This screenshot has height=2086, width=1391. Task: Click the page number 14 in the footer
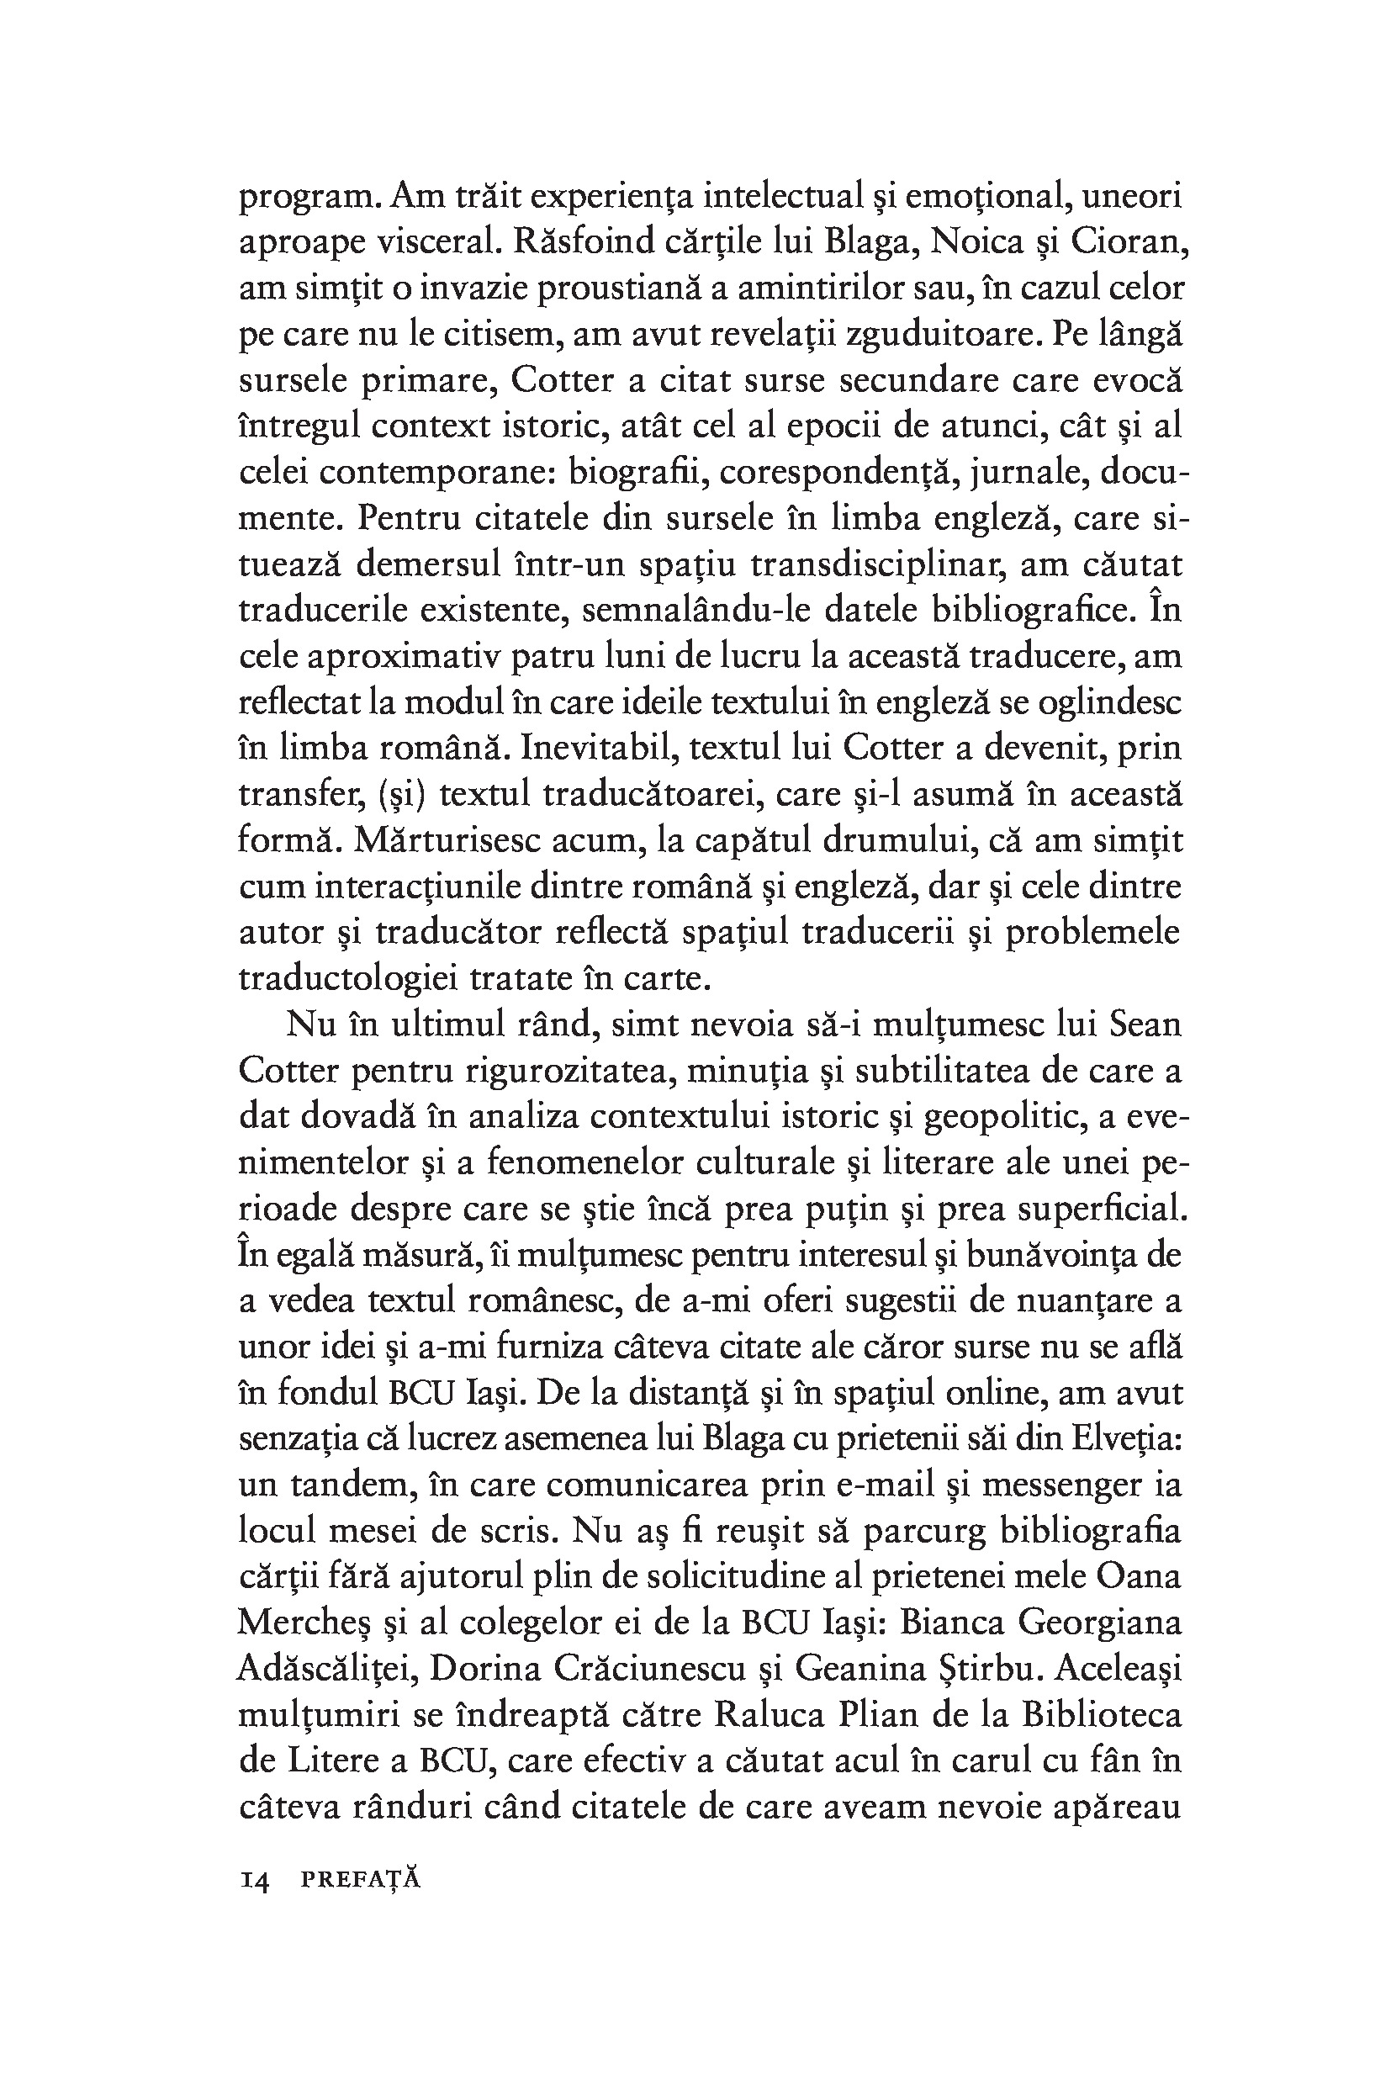coord(255,1878)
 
